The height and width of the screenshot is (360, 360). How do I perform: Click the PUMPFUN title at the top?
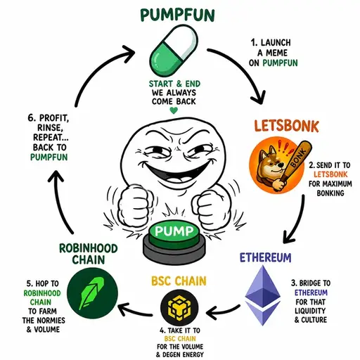click(177, 15)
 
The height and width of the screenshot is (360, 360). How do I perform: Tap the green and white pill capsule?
click(174, 50)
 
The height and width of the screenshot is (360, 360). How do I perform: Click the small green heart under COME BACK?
click(174, 110)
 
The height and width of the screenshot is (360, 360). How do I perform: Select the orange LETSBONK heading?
click(286, 126)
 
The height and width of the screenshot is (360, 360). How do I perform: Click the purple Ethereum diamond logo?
click(262, 295)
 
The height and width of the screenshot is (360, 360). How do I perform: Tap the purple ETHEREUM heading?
click(265, 257)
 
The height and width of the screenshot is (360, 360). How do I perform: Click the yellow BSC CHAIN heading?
click(179, 281)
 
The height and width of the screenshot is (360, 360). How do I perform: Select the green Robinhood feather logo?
click(92, 293)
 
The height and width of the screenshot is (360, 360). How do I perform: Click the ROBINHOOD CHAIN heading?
click(89, 254)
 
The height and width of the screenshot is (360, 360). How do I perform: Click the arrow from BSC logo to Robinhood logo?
click(135, 311)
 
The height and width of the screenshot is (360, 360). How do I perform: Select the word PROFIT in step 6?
click(54, 118)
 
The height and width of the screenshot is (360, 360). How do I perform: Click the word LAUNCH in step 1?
click(276, 43)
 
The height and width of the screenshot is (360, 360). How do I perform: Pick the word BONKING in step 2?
click(330, 193)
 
